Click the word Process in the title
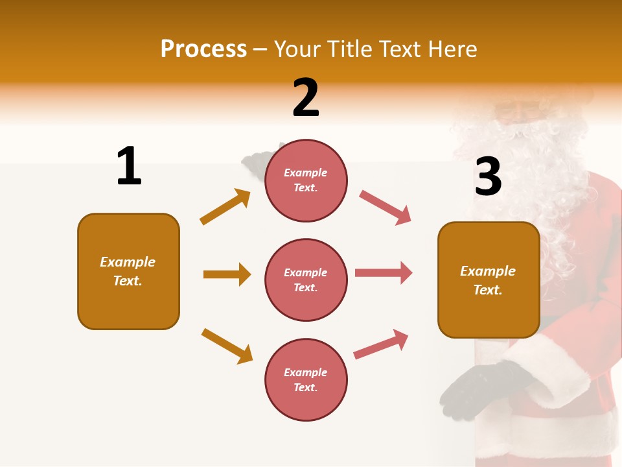[x=203, y=49]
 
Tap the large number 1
[x=129, y=166]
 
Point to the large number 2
[x=306, y=98]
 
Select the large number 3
[x=488, y=176]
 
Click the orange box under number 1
[x=128, y=271]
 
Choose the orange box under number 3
[x=489, y=280]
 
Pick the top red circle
[x=306, y=180]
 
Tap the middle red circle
[x=306, y=280]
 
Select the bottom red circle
[x=306, y=379]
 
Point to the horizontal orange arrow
[x=227, y=274]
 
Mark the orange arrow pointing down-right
[x=227, y=346]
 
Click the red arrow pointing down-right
[x=386, y=208]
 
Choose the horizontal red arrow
[x=384, y=273]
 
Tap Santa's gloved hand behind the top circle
[x=256, y=162]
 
